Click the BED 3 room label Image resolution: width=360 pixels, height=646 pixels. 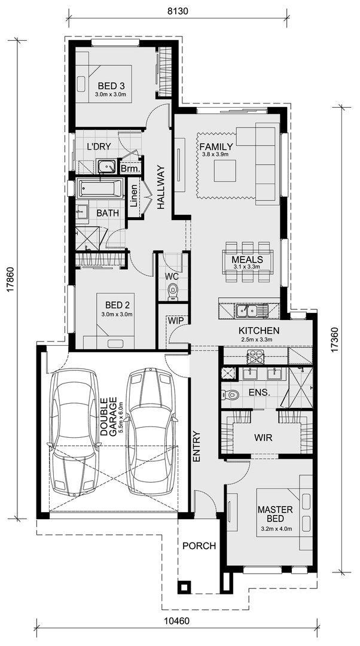point(111,86)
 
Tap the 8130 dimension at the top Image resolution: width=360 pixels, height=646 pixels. point(178,11)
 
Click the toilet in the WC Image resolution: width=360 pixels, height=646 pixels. point(173,291)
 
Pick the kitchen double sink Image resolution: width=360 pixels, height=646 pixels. point(251,310)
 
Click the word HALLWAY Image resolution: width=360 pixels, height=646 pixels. point(160,187)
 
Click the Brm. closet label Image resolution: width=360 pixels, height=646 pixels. point(131,169)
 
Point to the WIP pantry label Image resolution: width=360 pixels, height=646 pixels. point(175,320)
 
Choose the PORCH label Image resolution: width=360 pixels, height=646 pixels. point(199,546)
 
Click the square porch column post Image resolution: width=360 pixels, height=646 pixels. point(184,587)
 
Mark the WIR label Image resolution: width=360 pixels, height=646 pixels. point(264,437)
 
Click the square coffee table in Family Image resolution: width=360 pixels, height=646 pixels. point(225,170)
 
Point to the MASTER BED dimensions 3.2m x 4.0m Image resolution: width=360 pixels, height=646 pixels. point(276,529)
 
